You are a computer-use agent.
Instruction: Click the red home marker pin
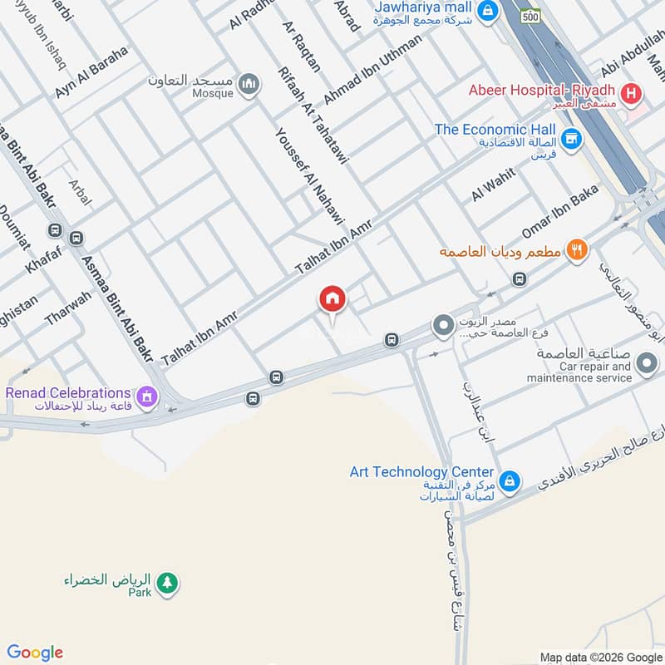point(332,298)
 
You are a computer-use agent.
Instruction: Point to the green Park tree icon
point(168,583)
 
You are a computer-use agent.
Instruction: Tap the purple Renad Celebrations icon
point(148,397)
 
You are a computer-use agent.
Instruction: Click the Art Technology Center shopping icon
point(510,481)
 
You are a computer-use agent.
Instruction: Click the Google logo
point(35,653)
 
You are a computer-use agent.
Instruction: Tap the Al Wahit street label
point(493,184)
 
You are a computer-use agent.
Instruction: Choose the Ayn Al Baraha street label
point(92,72)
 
